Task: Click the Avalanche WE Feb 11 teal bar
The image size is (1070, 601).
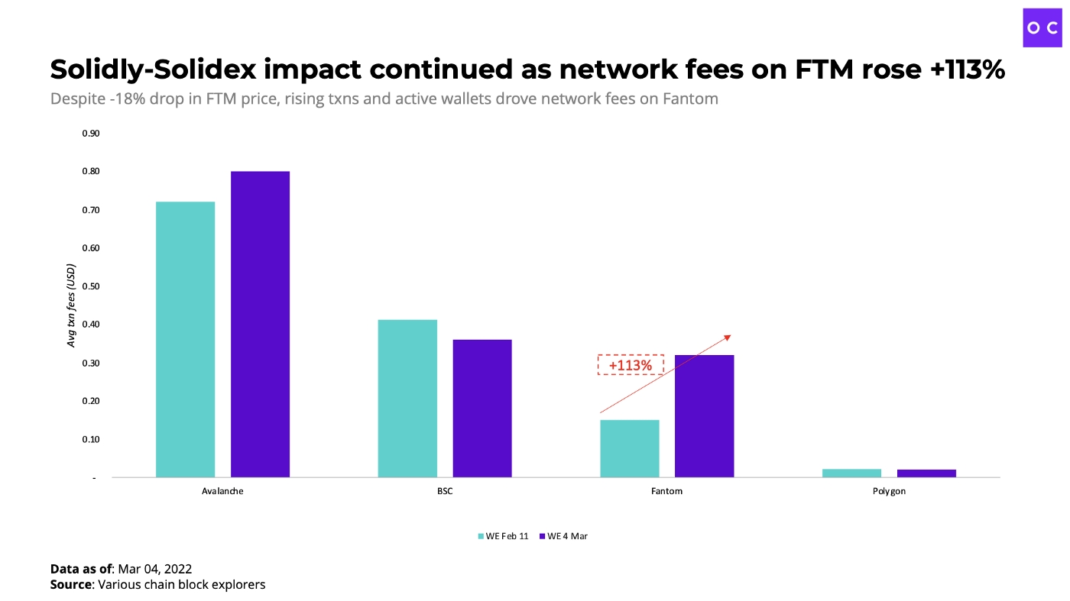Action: click(185, 339)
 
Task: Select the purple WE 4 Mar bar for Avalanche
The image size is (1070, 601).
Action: click(260, 324)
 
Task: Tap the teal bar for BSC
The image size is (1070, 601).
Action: click(407, 398)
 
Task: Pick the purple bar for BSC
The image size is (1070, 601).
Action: click(482, 408)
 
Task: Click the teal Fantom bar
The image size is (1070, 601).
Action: click(630, 448)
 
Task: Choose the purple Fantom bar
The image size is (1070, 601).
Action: click(704, 415)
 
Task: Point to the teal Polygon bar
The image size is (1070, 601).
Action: click(851, 473)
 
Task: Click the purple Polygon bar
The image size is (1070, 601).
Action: click(926, 473)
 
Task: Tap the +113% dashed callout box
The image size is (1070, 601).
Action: click(631, 365)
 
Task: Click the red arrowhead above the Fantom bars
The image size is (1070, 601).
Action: click(727, 337)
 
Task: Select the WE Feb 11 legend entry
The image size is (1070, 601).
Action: click(503, 536)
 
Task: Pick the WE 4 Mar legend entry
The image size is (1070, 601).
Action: click(563, 536)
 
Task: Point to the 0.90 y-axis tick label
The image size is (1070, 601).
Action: click(90, 134)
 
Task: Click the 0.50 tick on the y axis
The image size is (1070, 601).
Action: click(90, 286)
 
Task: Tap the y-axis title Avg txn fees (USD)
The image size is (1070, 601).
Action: click(72, 305)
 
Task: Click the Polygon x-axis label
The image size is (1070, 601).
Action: click(889, 491)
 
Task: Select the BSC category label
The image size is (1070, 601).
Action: click(445, 491)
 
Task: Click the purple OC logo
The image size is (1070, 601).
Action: click(1042, 28)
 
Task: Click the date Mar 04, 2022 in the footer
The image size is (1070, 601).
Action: click(154, 568)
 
